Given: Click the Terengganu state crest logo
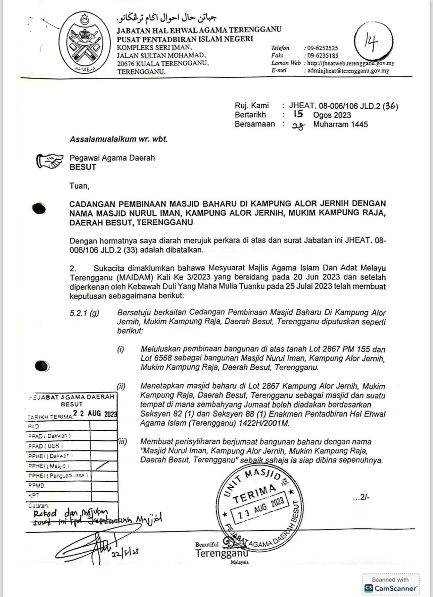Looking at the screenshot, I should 85,43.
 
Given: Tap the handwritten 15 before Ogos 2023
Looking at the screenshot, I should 298,114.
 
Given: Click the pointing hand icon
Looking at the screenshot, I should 49,160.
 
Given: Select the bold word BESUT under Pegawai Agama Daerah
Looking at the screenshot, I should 83,167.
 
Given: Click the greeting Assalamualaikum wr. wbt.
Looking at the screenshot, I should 118,139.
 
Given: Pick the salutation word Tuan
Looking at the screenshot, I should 79,185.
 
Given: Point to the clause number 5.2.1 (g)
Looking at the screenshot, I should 84,313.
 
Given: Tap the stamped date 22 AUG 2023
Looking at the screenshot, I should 95,414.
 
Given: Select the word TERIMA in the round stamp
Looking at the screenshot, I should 255,494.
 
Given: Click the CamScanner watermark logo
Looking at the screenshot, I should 391,588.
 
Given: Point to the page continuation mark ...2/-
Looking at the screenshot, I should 361,498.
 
